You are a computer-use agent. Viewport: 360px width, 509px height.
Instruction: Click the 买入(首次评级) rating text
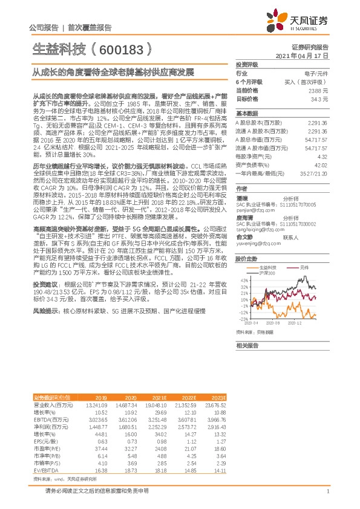click(313, 81)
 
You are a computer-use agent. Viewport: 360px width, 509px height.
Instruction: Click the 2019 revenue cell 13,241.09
click(97, 404)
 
